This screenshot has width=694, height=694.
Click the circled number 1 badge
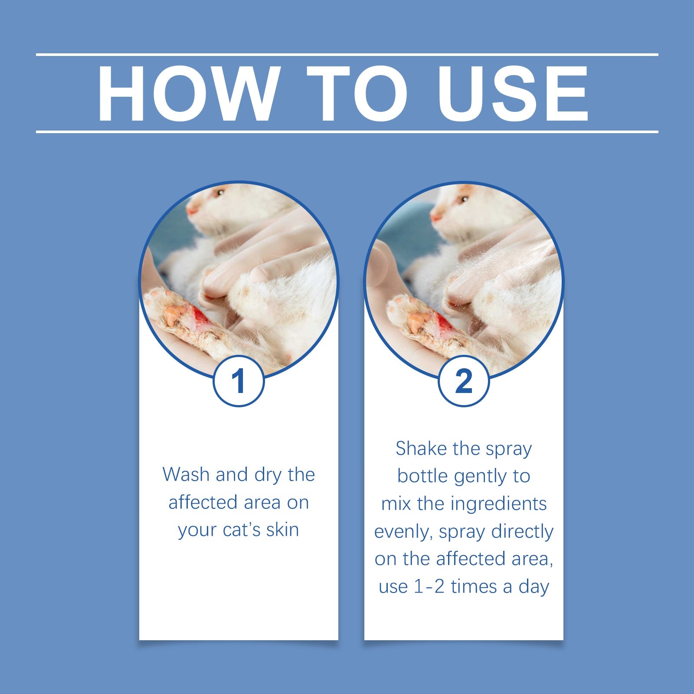pos(238,381)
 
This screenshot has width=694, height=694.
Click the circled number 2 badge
pos(464,381)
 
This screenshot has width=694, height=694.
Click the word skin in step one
pos(282,530)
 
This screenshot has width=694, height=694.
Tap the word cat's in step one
pos(239,530)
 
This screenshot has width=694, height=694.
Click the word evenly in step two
pos(403,532)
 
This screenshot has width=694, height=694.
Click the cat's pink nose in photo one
pos(190,211)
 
